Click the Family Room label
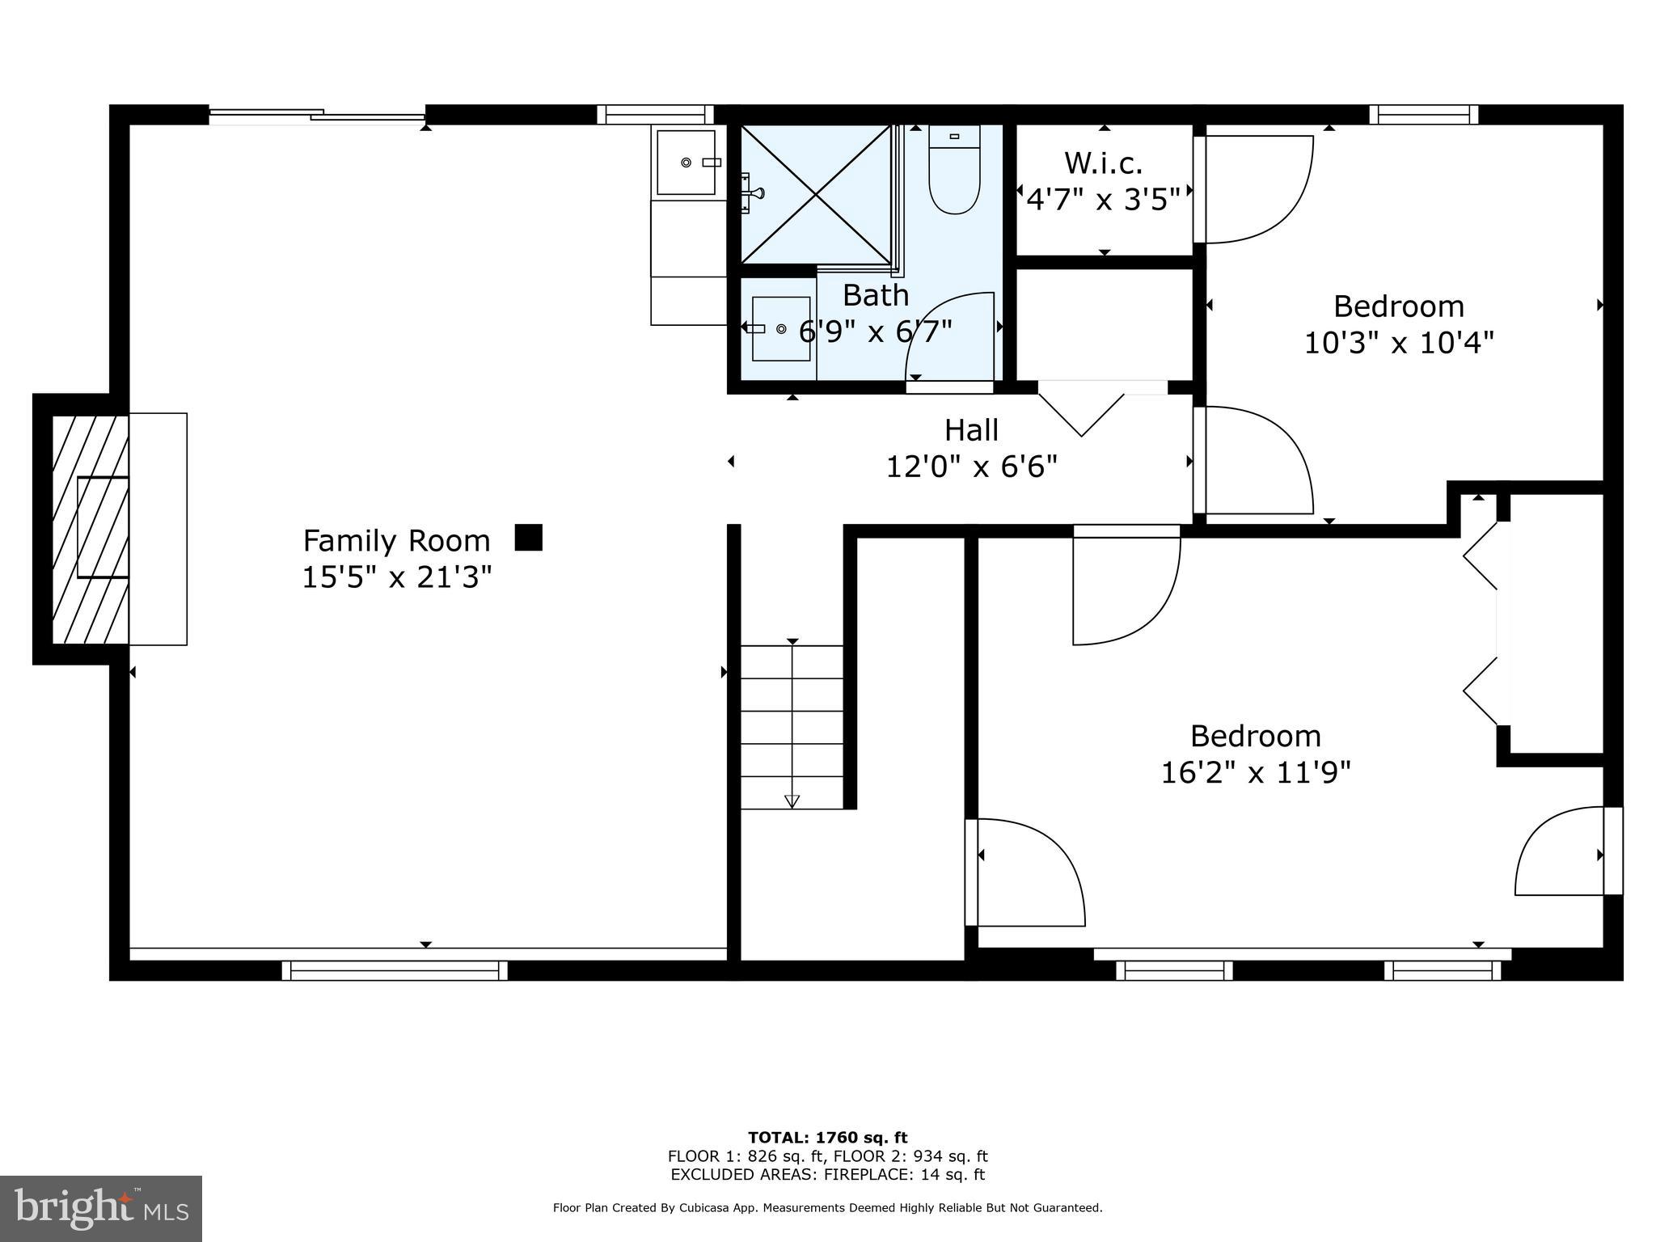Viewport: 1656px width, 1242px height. [396, 540]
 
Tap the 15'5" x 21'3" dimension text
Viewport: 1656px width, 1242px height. [396, 577]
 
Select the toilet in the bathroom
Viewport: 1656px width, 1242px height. [954, 171]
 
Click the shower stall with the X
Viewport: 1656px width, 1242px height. [817, 194]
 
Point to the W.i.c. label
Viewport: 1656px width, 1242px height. [1104, 163]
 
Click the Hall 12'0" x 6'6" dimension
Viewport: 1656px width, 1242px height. [972, 467]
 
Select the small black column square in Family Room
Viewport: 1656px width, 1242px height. [529, 538]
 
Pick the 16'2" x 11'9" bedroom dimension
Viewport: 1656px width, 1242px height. [1256, 773]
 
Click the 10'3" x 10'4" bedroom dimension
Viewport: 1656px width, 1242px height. [1398, 343]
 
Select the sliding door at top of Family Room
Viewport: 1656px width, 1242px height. [317, 116]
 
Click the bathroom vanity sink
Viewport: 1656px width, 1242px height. [780, 328]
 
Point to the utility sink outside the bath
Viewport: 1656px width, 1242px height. [686, 163]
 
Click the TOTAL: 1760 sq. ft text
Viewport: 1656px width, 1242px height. [827, 1138]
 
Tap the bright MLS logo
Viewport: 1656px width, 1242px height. [101, 1208]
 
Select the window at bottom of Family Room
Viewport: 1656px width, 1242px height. [395, 970]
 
